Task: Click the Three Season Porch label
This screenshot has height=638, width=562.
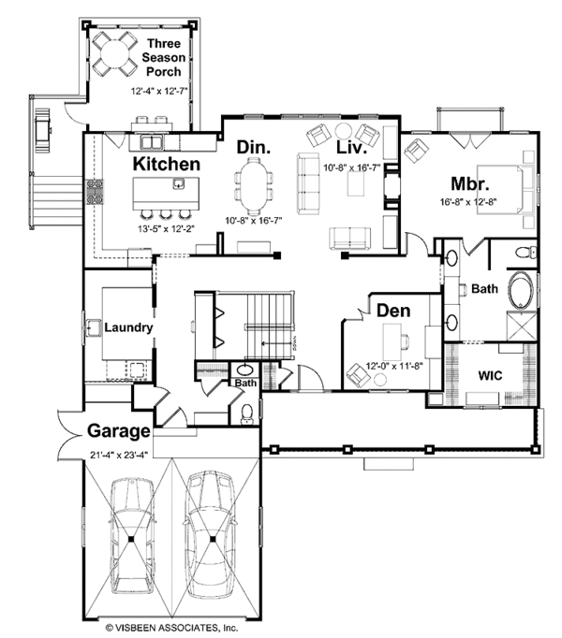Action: click(x=164, y=55)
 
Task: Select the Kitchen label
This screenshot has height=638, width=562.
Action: click(x=166, y=164)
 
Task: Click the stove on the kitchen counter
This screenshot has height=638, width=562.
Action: click(x=94, y=191)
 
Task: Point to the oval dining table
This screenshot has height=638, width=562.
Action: click(x=253, y=185)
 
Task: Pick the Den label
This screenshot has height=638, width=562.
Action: click(x=392, y=309)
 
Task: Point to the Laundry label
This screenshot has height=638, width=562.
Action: click(x=128, y=327)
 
